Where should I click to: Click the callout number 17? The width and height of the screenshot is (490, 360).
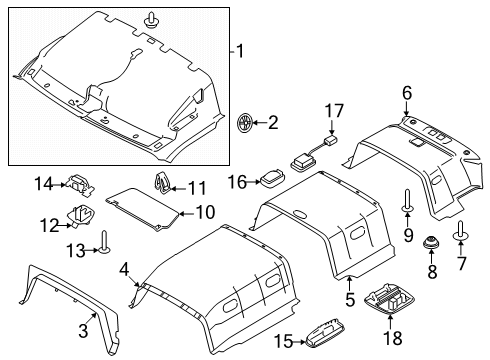click(334, 111)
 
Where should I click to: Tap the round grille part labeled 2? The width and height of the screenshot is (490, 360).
click(244, 123)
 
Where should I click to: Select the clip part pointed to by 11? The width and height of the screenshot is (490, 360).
click(163, 183)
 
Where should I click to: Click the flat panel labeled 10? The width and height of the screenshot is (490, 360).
click(143, 208)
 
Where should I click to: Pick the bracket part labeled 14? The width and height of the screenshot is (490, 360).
click(80, 185)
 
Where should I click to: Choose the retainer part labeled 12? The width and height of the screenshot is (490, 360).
click(82, 217)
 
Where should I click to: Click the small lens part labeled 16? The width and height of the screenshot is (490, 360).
click(273, 178)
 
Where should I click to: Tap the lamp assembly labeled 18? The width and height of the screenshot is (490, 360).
click(387, 299)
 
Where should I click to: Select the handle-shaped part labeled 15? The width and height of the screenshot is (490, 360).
click(325, 332)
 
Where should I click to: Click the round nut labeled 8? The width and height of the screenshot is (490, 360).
click(431, 242)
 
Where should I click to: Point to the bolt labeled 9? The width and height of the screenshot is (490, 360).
click(407, 200)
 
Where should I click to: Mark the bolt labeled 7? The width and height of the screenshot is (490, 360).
click(461, 230)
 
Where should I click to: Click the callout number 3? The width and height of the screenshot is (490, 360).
click(83, 330)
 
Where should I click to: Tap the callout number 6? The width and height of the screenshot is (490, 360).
click(407, 93)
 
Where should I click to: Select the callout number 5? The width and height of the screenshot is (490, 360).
click(350, 299)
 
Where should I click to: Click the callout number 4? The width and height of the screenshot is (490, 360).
click(124, 269)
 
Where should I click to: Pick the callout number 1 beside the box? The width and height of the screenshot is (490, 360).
click(240, 51)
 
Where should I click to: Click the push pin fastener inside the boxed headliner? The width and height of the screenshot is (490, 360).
click(151, 20)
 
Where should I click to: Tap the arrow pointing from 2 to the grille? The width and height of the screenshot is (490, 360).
click(260, 123)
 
